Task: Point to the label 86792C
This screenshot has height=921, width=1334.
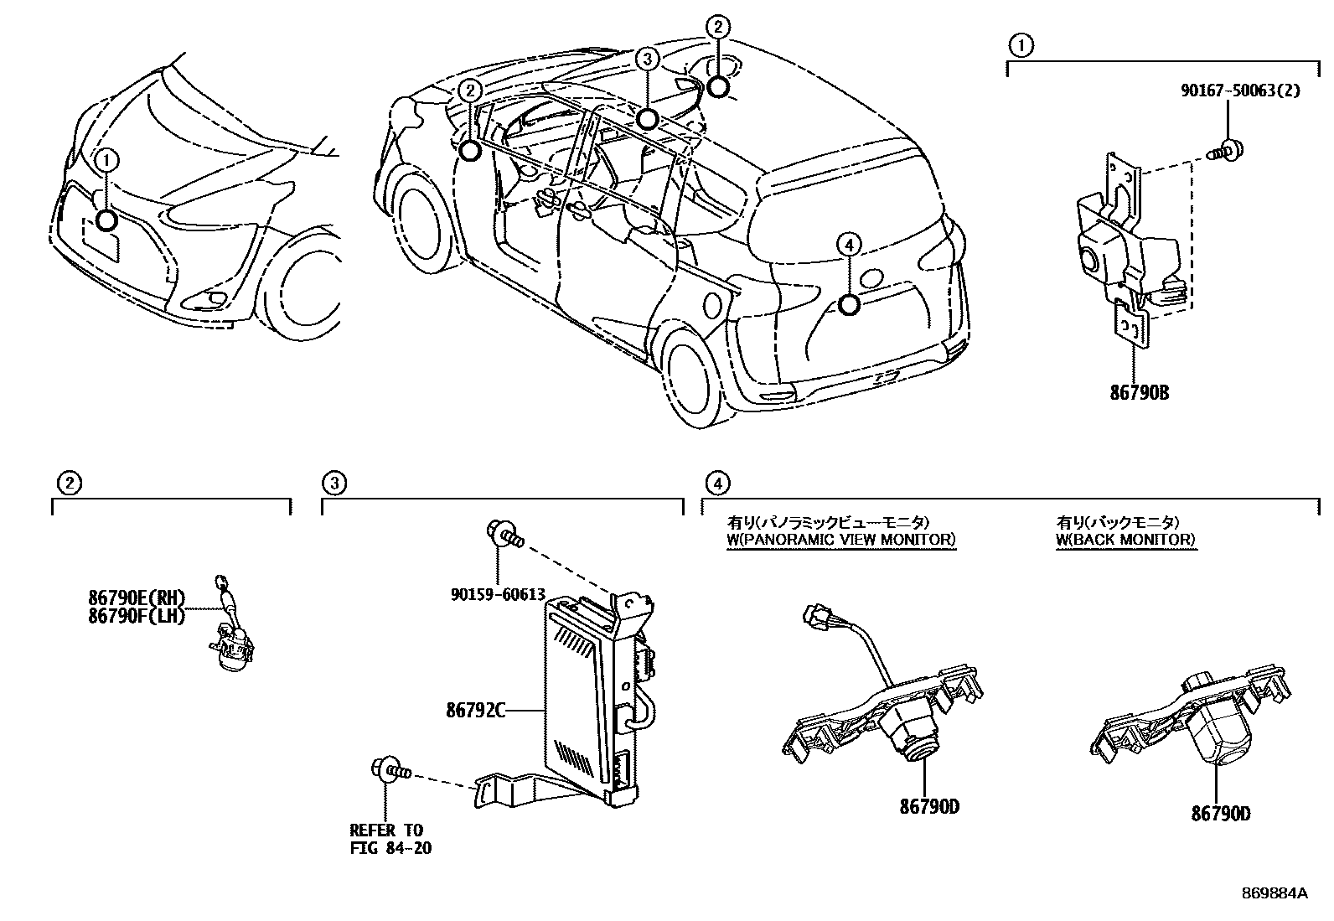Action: [x=475, y=711]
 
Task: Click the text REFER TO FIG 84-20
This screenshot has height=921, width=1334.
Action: [x=390, y=839]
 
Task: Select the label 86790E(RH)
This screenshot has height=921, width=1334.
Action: [x=136, y=598]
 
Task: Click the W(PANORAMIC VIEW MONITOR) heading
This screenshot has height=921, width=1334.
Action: [x=840, y=540]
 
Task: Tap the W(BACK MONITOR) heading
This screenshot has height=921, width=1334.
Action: [x=1125, y=540]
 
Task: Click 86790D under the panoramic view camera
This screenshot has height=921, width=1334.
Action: [x=929, y=807]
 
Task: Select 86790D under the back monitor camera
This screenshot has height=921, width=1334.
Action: [x=1221, y=812]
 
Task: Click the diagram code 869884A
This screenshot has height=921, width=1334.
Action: [x=1274, y=893]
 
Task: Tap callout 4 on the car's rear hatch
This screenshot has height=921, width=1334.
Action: [x=849, y=245]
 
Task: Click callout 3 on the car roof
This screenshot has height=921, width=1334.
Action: [x=646, y=58]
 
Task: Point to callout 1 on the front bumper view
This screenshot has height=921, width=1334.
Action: [x=106, y=159]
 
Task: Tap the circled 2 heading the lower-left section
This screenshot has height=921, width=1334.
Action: [x=68, y=483]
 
